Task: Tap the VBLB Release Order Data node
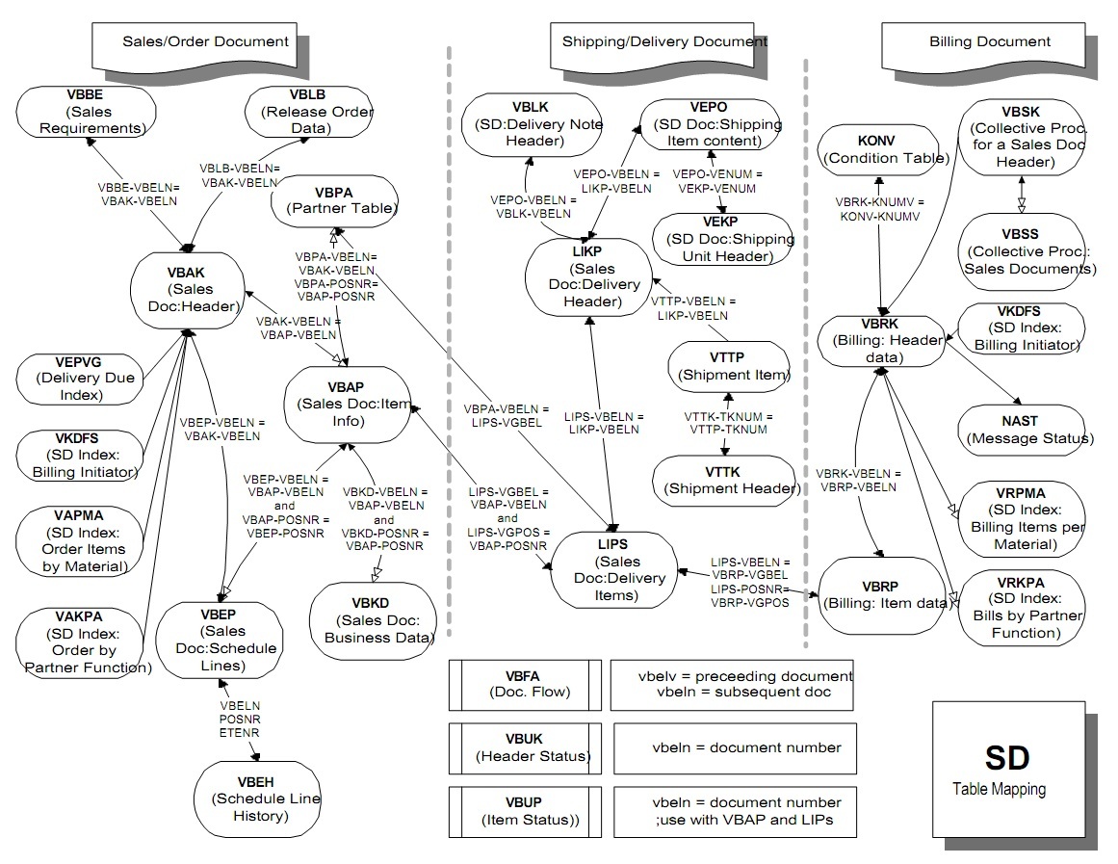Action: coord(307,111)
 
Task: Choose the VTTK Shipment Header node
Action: coord(725,479)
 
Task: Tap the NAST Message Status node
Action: coord(1029,430)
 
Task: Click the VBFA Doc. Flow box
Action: coord(525,685)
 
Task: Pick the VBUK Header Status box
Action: coord(525,747)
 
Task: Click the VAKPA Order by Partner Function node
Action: coord(84,641)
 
